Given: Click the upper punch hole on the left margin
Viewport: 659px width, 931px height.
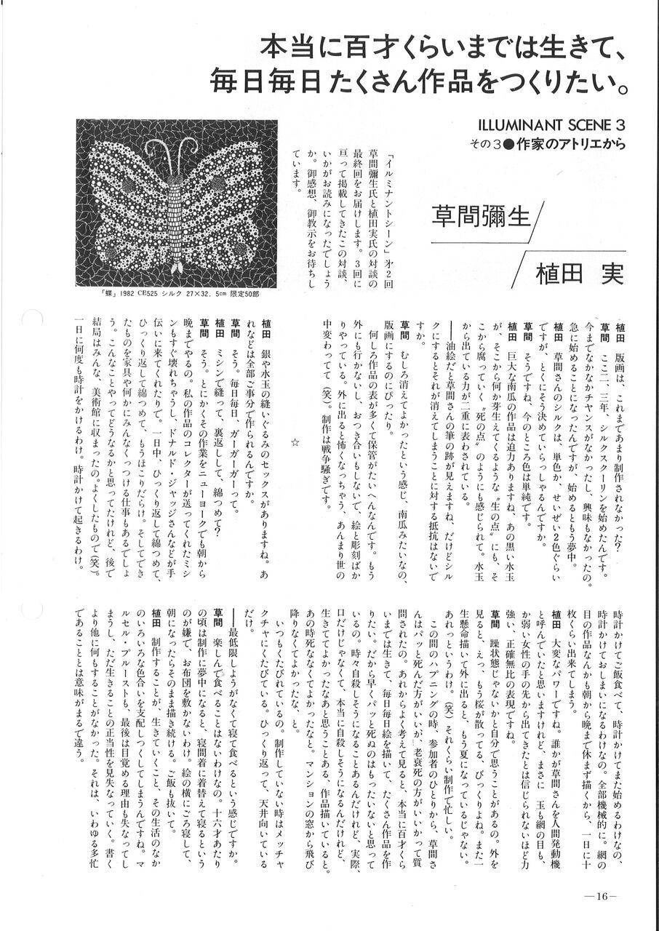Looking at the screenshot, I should (32, 319).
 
